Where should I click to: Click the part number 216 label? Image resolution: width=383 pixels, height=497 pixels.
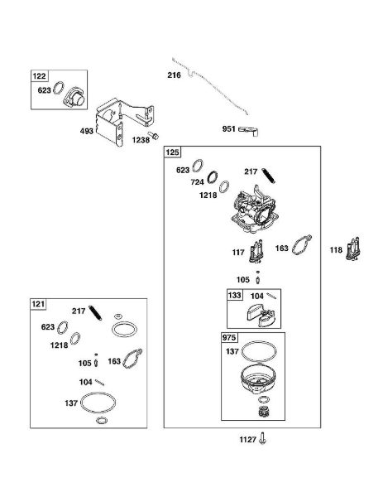[174, 75]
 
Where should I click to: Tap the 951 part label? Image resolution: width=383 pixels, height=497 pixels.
[228, 128]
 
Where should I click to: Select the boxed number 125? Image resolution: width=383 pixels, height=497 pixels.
[172, 152]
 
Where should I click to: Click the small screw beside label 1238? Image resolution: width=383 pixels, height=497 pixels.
[154, 136]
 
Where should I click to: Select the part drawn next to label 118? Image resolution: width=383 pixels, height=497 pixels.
[353, 248]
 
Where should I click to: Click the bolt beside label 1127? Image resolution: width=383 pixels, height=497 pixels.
[262, 438]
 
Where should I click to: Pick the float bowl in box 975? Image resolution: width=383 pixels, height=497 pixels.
[258, 379]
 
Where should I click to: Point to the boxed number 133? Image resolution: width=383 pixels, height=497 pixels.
[234, 295]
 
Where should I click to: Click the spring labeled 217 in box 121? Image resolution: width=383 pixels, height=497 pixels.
[95, 313]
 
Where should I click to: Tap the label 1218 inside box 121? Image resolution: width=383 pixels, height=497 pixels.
[59, 345]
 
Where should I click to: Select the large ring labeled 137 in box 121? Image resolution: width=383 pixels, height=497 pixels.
[98, 403]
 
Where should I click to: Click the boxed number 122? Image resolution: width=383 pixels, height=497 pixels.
[39, 76]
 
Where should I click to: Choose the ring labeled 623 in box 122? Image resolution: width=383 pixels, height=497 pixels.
[59, 88]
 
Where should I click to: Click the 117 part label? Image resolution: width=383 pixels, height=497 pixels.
[238, 253]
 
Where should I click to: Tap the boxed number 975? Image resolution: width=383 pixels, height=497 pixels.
[228, 338]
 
